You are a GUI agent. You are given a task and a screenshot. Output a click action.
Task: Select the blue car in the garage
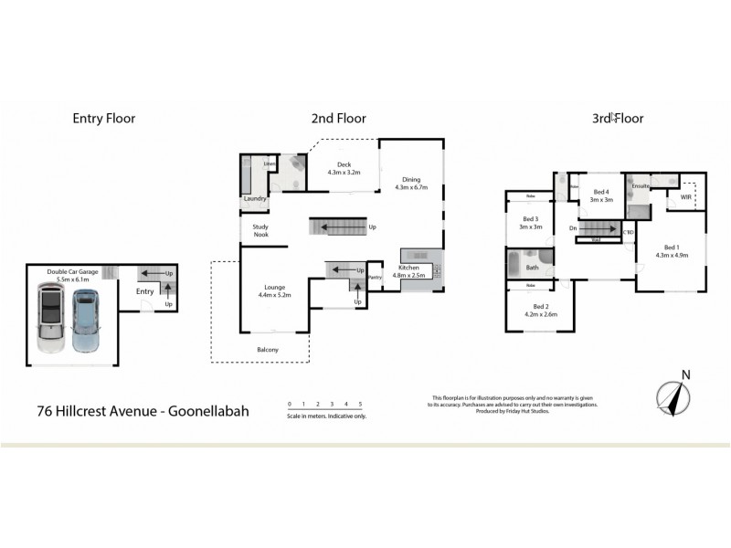(x=84, y=321)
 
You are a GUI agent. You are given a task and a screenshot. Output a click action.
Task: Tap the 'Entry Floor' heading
(x=103, y=118)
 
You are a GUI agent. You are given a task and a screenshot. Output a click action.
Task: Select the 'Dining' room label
(x=410, y=179)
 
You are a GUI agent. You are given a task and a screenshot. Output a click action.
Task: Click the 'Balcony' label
(x=267, y=350)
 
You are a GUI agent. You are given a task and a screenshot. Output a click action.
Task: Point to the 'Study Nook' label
(x=255, y=231)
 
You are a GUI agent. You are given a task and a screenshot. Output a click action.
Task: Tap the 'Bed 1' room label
(x=672, y=248)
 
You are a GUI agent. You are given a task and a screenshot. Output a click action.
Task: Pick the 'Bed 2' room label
(x=541, y=306)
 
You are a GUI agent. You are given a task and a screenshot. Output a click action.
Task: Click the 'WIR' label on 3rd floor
(x=685, y=196)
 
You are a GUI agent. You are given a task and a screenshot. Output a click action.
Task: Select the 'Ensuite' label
(x=641, y=186)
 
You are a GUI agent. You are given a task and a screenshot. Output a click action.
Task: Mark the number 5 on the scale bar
(x=361, y=403)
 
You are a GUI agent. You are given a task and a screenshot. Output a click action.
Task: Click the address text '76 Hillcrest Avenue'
(x=98, y=411)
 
